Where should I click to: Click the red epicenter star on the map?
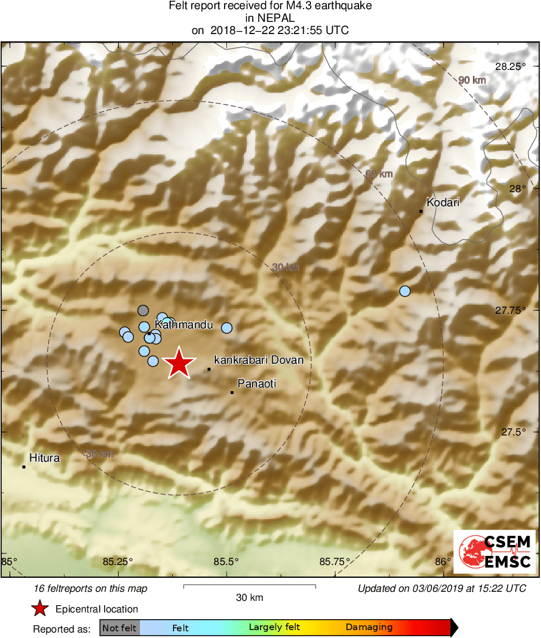tap(179, 364)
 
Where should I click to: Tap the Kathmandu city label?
tap(184, 325)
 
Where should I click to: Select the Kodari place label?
tap(443, 203)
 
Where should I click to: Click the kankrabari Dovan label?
tap(259, 360)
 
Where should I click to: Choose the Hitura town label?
tap(44, 458)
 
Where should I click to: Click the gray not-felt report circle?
tap(143, 310)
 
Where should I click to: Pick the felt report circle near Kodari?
tap(405, 291)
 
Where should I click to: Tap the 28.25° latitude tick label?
tap(509, 66)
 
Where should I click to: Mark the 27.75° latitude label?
tap(509, 310)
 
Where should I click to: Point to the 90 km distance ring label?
tap(472, 80)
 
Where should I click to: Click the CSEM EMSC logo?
tap(494, 551)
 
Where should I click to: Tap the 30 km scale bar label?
tap(250, 598)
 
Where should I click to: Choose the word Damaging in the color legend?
tap(369, 627)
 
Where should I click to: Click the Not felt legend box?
tap(119, 627)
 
